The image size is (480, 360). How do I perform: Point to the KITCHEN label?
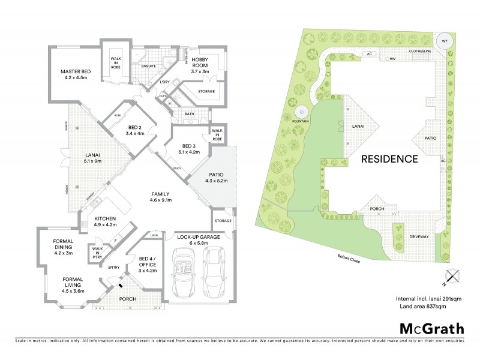[x=105, y=218]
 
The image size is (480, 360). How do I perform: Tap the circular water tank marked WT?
[x=445, y=41]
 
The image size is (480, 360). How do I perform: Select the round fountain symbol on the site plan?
[x=301, y=112]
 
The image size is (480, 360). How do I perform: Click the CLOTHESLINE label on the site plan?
[x=421, y=52]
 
